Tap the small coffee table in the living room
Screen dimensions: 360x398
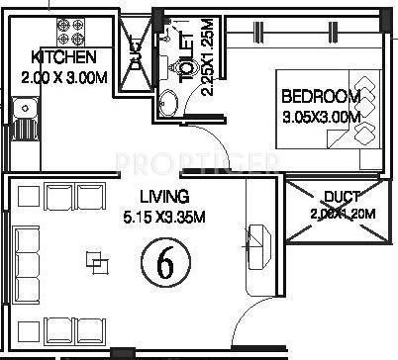95,262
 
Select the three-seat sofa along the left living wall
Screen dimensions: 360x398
27,263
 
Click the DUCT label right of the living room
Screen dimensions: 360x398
341,197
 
